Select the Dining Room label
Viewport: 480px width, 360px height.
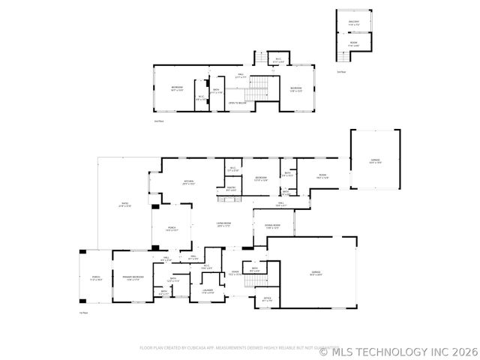pos(271,226)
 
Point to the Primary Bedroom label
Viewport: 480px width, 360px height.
pos(132,278)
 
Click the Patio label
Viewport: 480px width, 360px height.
pos(125,205)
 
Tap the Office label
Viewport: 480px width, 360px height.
pos(266,299)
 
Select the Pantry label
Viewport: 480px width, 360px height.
pos(232,189)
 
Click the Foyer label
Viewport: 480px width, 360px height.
pos(235,273)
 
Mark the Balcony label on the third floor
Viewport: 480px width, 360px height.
pos(353,22)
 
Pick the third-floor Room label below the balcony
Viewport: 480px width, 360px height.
pos(353,43)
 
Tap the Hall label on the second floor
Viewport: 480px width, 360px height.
pos(241,75)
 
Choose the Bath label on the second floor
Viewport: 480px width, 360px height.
pos(216,91)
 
